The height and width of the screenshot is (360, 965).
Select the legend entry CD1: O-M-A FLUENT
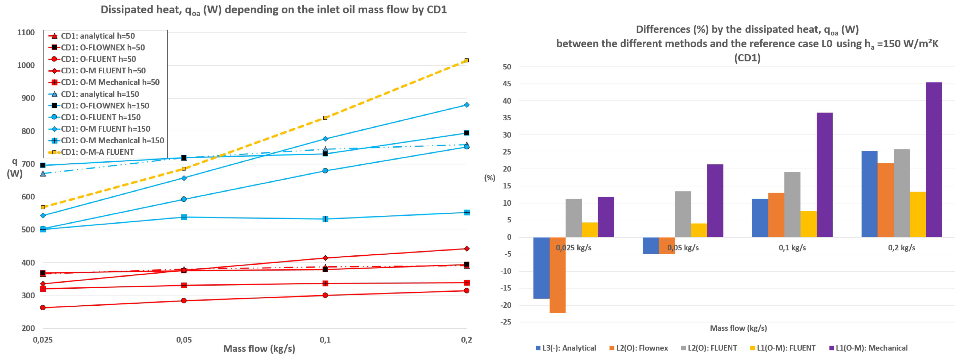pyautogui.click(x=91, y=152)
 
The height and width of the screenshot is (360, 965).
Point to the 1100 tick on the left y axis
pyautogui.click(x=26, y=32)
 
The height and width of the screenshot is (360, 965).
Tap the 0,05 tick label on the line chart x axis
pyautogui.click(x=184, y=340)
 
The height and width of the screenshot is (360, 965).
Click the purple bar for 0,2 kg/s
pyautogui.click(x=934, y=160)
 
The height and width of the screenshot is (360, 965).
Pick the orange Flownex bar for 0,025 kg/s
pyautogui.click(x=557, y=275)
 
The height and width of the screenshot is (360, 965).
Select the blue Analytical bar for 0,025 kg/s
pyautogui.click(x=541, y=268)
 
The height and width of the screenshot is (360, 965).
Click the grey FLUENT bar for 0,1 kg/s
pyautogui.click(x=792, y=205)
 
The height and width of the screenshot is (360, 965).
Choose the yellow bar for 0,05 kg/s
pyautogui.click(x=699, y=230)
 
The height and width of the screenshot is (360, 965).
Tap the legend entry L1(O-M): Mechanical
pyautogui.click(x=868, y=348)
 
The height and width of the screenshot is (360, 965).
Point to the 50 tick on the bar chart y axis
pyautogui.click(x=507, y=67)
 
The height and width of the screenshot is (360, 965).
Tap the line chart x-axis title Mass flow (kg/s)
pyautogui.click(x=259, y=349)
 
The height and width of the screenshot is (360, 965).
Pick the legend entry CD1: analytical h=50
pyautogui.click(x=92, y=36)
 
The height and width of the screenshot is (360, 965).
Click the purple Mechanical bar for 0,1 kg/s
pyautogui.click(x=825, y=175)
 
